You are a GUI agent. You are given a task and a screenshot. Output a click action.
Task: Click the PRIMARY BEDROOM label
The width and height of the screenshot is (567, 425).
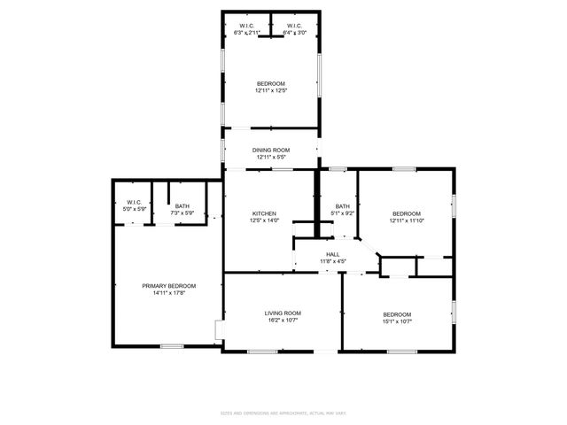[168, 286]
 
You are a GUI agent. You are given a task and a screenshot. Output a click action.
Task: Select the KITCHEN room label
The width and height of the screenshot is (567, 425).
[265, 213]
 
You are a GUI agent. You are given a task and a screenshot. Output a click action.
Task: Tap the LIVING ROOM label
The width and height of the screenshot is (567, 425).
[283, 313]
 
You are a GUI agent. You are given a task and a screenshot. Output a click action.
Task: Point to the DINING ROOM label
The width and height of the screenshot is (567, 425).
[270, 151]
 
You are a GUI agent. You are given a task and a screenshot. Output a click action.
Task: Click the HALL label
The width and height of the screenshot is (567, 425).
[332, 254]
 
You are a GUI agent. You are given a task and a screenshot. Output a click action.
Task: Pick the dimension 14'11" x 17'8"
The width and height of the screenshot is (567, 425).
[168, 293]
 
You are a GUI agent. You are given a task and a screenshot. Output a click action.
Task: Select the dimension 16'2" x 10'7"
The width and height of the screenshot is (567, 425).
[283, 320]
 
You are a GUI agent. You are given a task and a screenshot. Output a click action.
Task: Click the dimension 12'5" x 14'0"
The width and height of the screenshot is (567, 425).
[265, 220]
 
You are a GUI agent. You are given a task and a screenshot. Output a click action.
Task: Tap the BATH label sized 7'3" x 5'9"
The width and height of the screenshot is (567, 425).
[181, 206]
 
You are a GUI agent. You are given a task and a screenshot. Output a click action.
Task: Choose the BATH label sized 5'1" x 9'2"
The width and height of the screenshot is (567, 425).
[342, 206]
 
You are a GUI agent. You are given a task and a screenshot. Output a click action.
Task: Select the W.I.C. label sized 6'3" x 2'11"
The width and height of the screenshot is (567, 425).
[245, 27]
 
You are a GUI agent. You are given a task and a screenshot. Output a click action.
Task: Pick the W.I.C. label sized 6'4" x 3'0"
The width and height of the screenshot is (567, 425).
[294, 27]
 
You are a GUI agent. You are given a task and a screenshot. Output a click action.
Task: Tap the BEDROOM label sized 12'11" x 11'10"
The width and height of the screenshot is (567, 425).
[407, 213]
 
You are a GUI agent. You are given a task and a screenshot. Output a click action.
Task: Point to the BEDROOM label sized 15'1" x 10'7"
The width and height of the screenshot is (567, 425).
[397, 314]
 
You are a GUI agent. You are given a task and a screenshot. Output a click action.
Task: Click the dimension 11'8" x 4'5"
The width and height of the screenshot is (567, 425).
[332, 261]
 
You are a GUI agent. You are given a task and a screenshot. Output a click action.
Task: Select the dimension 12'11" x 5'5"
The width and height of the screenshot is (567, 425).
[270, 158]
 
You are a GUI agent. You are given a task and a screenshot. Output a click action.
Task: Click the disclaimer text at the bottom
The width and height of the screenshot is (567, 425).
[283, 412]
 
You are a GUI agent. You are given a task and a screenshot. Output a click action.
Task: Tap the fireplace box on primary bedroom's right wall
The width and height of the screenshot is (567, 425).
[220, 330]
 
